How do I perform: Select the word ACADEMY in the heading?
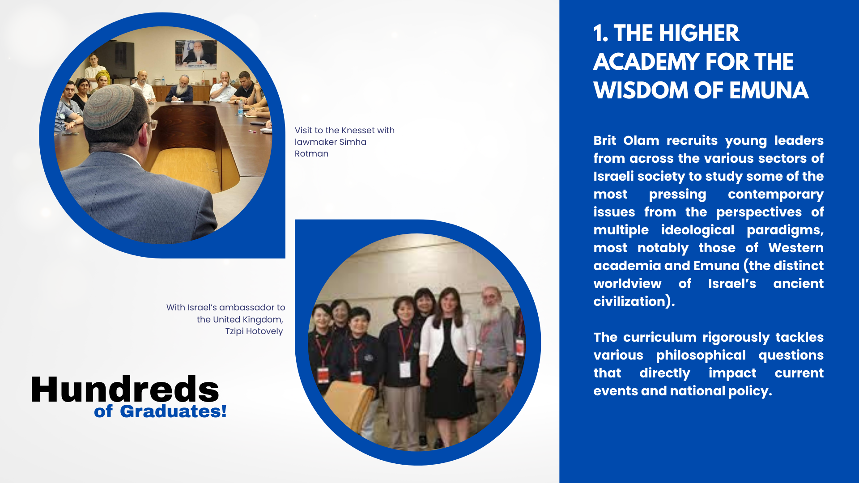click(x=646, y=62)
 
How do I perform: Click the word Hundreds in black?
click(x=125, y=389)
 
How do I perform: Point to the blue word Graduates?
click(x=173, y=411)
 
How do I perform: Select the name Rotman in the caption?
click(x=311, y=153)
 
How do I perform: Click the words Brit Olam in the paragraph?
click(x=626, y=140)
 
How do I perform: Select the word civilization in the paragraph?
click(x=629, y=301)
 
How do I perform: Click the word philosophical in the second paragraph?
click(x=701, y=356)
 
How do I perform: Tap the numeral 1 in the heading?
click(x=598, y=34)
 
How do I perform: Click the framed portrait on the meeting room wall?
click(x=196, y=55)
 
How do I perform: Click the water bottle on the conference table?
click(x=240, y=108)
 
